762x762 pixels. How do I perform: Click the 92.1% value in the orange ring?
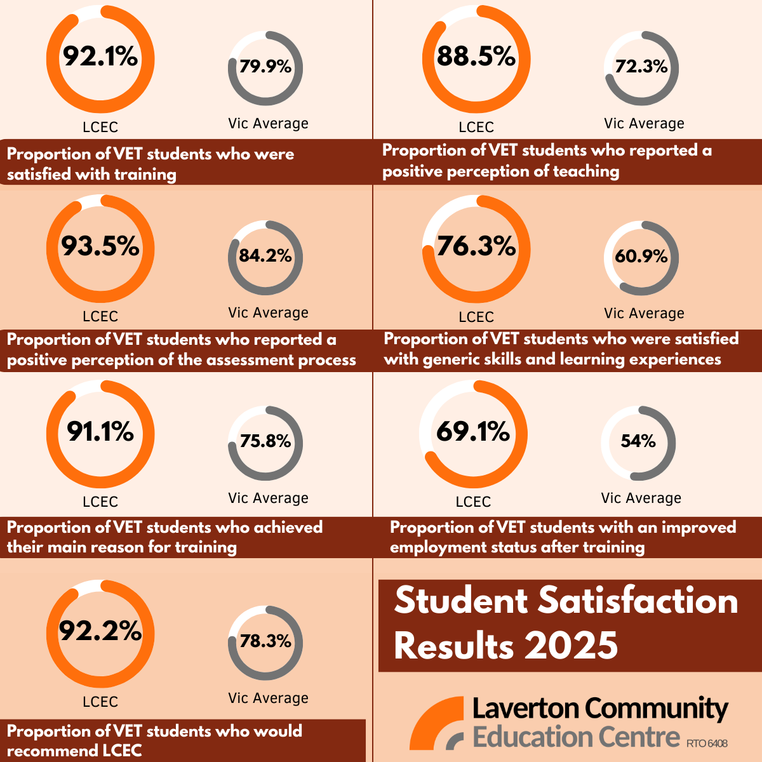tap(100, 57)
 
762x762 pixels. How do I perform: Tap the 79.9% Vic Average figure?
tap(265, 66)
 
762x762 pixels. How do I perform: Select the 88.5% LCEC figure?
tap(476, 57)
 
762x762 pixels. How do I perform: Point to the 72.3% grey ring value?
tap(641, 66)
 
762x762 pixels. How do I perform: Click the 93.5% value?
tap(100, 246)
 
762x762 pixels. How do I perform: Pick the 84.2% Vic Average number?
tap(265, 255)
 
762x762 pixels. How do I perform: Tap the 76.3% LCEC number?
tap(476, 246)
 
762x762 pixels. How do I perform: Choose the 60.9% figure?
tap(641, 256)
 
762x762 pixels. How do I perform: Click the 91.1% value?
tap(100, 432)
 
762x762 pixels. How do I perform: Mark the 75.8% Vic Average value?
tap(265, 441)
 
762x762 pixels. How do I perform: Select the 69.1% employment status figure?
tap(473, 432)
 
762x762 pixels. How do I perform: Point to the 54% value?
tap(638, 441)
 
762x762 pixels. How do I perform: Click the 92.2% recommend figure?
tap(100, 631)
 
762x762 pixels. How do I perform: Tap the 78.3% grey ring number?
tap(265, 641)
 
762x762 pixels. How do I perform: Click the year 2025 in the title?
tap(571, 646)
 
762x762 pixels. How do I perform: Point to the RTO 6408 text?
tap(707, 743)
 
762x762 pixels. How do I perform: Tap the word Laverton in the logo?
tap(525, 709)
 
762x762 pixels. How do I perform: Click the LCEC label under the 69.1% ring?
tap(473, 502)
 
